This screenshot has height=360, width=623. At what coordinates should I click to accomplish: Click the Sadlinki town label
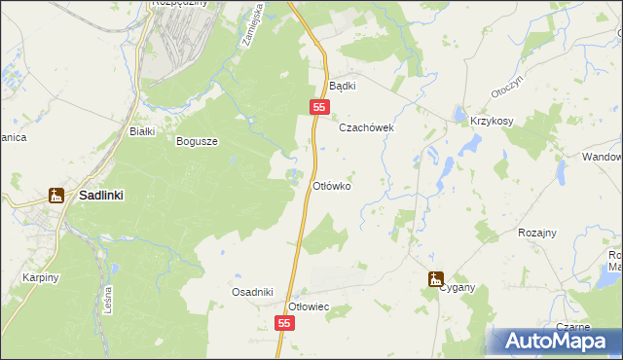[101, 195]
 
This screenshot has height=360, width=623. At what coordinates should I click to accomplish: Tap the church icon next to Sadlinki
[56, 196]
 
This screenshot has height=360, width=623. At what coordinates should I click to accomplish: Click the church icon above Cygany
[435, 278]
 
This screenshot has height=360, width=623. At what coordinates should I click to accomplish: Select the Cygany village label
[456, 288]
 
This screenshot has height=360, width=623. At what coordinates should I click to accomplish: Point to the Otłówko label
[330, 185]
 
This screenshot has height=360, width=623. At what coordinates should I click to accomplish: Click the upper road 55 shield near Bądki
[319, 106]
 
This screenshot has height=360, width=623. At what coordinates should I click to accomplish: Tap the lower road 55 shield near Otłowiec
[284, 322]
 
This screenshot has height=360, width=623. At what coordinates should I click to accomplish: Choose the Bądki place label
[343, 86]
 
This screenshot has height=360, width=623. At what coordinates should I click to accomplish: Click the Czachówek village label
[365, 127]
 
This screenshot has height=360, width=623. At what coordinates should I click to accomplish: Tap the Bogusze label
[197, 141]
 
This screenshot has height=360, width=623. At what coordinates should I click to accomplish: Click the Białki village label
[130, 130]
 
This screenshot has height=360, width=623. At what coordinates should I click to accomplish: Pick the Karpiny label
[41, 277]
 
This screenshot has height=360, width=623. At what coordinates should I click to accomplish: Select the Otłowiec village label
[311, 306]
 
